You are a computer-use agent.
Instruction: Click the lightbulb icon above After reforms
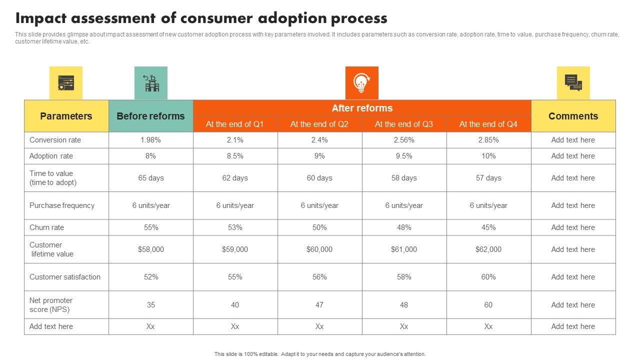(x=361, y=83)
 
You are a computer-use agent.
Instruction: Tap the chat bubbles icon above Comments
(x=573, y=83)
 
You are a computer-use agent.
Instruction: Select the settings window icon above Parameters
(x=66, y=83)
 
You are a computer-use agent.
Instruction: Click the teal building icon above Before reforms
(x=150, y=83)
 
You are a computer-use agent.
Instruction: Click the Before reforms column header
(x=150, y=116)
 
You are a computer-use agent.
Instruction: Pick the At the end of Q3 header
(x=404, y=124)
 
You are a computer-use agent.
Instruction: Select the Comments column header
(x=573, y=116)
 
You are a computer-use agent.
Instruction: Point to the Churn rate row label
(x=47, y=227)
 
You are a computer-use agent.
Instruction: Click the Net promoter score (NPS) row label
(x=51, y=305)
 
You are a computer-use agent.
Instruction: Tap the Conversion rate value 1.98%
(x=150, y=140)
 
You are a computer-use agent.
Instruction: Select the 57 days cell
(x=488, y=178)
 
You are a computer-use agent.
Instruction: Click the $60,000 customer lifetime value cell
(x=319, y=249)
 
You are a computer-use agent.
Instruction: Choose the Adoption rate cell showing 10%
(x=488, y=156)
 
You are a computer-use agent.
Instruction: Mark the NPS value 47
(x=319, y=305)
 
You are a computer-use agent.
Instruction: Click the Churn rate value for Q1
(x=235, y=227)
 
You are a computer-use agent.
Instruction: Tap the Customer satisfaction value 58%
(x=404, y=277)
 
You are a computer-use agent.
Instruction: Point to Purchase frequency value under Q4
(x=488, y=205)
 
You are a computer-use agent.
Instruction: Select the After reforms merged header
(x=362, y=108)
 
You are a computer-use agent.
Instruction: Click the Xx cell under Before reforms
(x=150, y=326)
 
